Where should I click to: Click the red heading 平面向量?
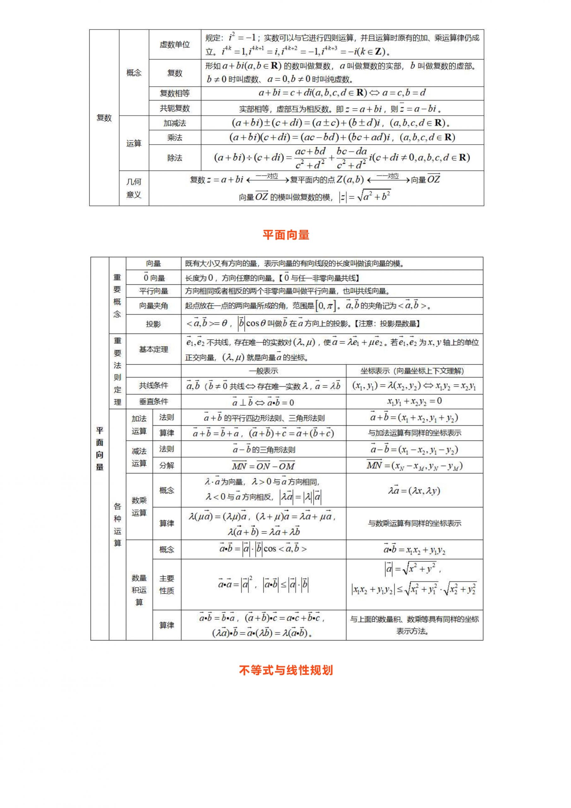(x=286, y=235)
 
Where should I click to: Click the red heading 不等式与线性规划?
(x=286, y=670)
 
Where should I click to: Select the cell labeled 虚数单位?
(x=174, y=44)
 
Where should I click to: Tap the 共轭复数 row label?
(x=174, y=108)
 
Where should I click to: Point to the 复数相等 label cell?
(x=174, y=93)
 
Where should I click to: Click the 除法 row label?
(x=174, y=158)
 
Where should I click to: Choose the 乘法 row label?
(x=174, y=138)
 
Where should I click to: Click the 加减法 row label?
(x=174, y=123)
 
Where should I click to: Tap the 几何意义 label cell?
(x=134, y=188)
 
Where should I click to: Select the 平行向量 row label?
(x=153, y=291)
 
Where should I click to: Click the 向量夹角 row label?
(x=153, y=306)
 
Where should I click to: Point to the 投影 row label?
(x=153, y=324)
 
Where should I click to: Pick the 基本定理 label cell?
(x=153, y=349)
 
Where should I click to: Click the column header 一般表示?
(x=263, y=371)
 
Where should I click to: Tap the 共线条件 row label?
(x=153, y=386)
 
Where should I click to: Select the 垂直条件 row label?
(x=153, y=401)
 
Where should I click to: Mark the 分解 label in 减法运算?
(x=167, y=465)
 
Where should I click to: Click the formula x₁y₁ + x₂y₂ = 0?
(x=414, y=401)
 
